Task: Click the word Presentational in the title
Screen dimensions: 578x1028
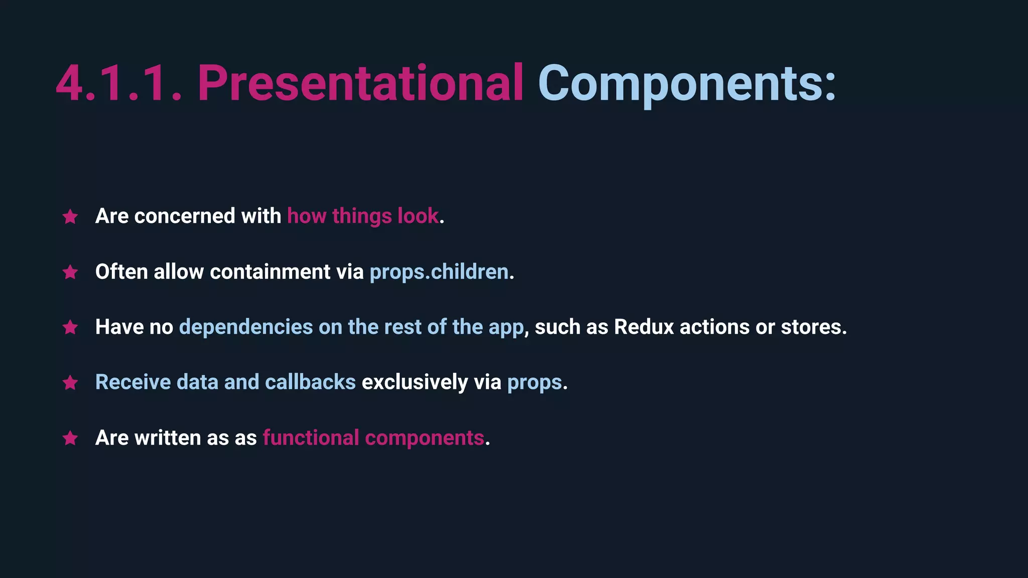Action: click(360, 83)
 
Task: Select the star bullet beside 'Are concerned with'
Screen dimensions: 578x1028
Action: click(70, 217)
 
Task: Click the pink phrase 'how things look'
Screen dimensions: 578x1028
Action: click(363, 216)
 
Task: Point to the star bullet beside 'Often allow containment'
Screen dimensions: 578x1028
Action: click(70, 272)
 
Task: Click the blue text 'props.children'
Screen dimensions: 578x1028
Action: click(439, 272)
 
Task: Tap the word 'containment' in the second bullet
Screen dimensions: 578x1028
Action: click(270, 272)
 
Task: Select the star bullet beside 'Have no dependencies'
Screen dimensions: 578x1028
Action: click(70, 327)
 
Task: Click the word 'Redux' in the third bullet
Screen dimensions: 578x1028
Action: click(644, 327)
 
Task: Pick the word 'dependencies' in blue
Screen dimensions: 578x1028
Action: click(246, 327)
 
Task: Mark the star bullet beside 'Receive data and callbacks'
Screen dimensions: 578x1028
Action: click(70, 383)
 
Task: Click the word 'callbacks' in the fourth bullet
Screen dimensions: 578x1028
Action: click(310, 382)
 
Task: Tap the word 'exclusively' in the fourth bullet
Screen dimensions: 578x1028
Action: click(415, 382)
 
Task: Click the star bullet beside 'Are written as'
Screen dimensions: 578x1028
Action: click(70, 438)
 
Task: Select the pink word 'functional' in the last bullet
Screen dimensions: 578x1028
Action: click(311, 438)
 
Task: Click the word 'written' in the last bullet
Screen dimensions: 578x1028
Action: click(168, 438)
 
